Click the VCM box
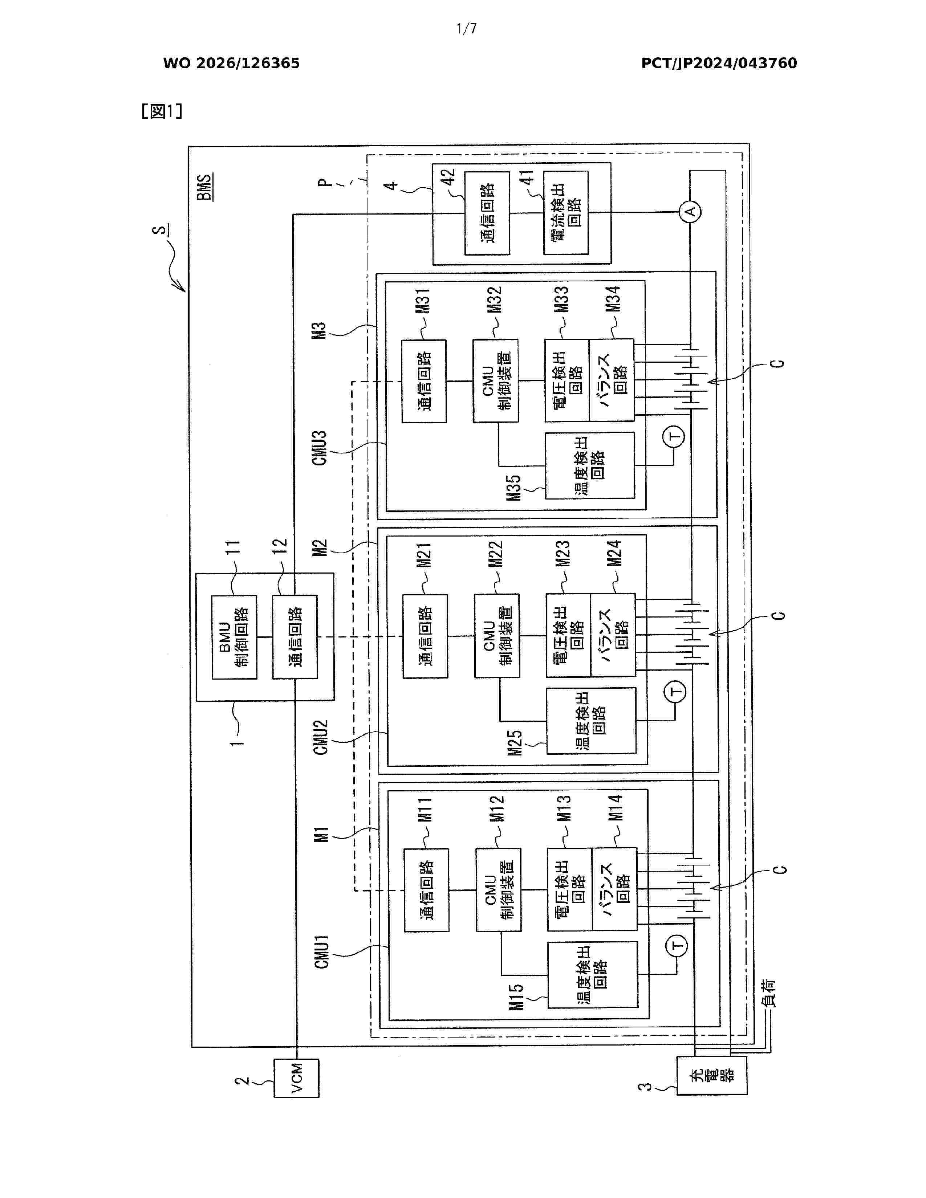point(296,1077)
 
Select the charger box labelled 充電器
point(711,1075)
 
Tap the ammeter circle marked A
point(691,212)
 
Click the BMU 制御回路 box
point(234,637)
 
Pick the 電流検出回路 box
point(565,212)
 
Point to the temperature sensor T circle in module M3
point(674,437)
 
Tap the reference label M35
point(513,487)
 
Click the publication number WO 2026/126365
point(232,64)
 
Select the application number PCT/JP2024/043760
point(719,64)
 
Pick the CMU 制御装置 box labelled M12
point(498,890)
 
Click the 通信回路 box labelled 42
point(487,213)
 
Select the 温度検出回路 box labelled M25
point(591,720)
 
